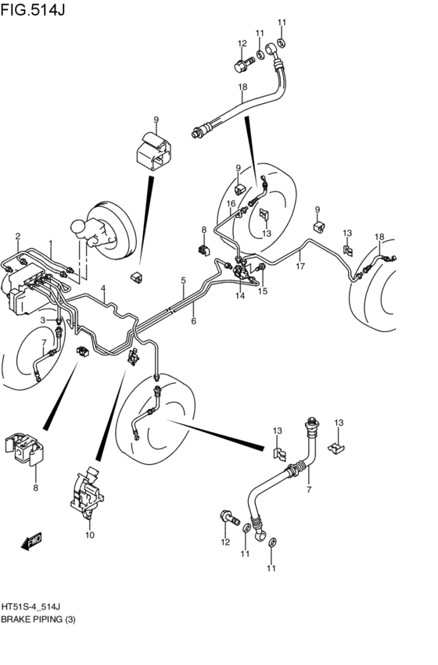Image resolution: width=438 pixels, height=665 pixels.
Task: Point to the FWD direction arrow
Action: [33, 541]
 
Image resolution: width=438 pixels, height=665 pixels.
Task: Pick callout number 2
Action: [17, 236]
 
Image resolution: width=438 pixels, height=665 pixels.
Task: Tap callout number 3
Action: [45, 320]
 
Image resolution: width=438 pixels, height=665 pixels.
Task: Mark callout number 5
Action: [183, 281]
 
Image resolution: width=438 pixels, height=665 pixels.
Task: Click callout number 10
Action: [90, 535]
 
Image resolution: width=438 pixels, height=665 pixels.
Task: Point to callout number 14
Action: [240, 297]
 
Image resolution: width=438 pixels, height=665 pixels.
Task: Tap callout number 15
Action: [263, 291]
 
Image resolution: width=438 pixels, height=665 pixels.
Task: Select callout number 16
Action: [232, 204]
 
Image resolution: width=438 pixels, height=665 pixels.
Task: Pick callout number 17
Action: [300, 266]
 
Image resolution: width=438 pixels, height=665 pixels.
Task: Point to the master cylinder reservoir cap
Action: [79, 227]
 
